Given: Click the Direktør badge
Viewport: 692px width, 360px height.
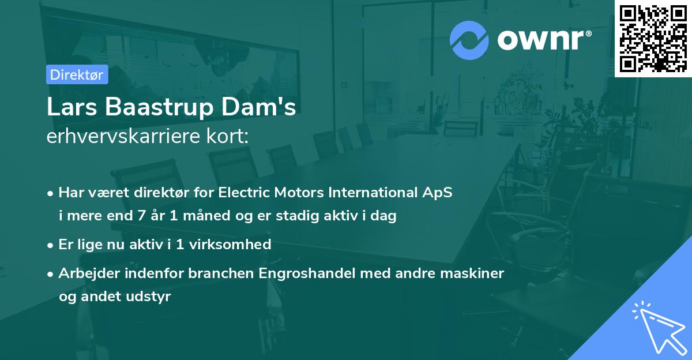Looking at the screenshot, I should coord(77,74).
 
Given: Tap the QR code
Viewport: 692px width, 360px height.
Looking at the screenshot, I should coord(653,38).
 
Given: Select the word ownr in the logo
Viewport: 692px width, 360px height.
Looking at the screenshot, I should coord(544,40).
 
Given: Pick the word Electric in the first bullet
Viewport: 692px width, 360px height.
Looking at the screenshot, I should coord(243,193).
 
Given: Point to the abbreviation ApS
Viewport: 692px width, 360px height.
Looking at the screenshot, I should coord(438,193).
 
